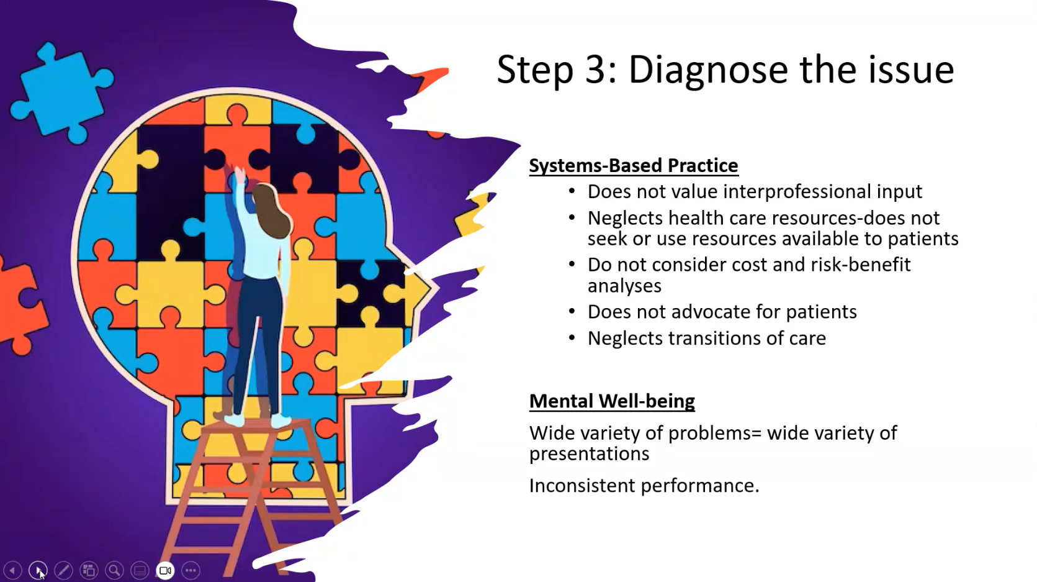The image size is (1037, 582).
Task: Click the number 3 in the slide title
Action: pyautogui.click(x=601, y=70)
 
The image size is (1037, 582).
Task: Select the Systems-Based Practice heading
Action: pyautogui.click(x=634, y=166)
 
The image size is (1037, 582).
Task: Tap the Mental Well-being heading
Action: pyautogui.click(x=611, y=401)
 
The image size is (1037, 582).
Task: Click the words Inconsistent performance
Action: pyautogui.click(x=644, y=486)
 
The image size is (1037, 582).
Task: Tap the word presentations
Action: pyautogui.click(x=589, y=454)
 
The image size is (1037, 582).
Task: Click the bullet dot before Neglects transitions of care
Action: pyautogui.click(x=572, y=337)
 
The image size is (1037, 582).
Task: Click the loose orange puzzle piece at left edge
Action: pyautogui.click(x=21, y=306)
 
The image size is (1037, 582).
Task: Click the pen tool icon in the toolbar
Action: pyautogui.click(x=63, y=570)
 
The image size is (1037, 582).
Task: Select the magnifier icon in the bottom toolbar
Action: pyautogui.click(x=114, y=570)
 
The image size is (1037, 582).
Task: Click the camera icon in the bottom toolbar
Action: pyautogui.click(x=165, y=570)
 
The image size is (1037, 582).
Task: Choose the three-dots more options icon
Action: pyautogui.click(x=191, y=570)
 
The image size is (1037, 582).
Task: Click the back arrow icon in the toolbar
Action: pyautogui.click(x=12, y=570)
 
